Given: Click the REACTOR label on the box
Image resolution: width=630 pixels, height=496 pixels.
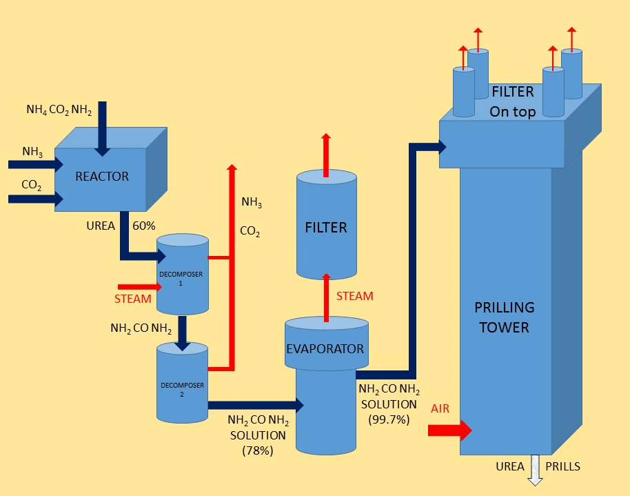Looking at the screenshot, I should (102, 177).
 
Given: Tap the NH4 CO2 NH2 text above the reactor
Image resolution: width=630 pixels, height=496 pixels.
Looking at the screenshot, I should (59, 109).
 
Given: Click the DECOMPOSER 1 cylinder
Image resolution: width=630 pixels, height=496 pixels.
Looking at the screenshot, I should (182, 276).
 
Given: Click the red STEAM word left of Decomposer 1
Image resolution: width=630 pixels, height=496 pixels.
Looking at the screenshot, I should (132, 299).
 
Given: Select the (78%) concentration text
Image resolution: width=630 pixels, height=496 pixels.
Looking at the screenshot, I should (258, 450).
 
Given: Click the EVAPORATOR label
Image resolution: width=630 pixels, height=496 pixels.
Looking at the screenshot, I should (325, 348).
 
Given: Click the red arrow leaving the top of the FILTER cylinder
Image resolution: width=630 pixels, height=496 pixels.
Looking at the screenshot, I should (326, 152).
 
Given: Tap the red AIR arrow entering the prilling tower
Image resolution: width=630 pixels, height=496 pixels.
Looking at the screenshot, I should (449, 430).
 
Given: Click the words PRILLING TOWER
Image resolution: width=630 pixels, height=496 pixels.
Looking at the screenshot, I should (505, 317).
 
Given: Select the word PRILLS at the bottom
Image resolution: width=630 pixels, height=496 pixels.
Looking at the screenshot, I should (562, 466).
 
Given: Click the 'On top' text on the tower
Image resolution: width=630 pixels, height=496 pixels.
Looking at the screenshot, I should (512, 112).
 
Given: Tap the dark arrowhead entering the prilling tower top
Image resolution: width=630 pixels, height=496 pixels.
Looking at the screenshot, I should (441, 146).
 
